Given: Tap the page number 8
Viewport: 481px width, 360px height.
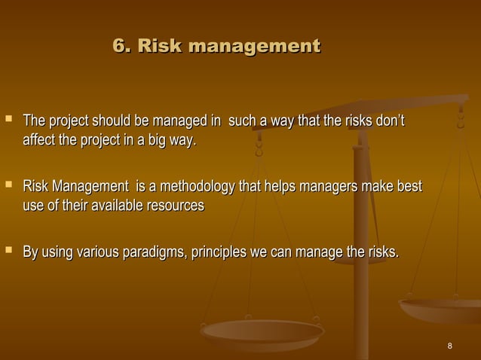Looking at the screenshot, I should tap(449, 346).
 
